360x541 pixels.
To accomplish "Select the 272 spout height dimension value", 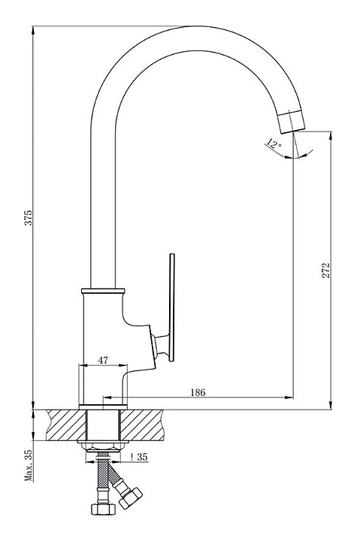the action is point(326,270).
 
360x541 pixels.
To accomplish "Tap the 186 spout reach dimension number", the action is point(198,392).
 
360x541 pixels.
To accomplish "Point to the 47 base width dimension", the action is point(103,360).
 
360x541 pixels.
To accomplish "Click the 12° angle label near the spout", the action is point(274,144).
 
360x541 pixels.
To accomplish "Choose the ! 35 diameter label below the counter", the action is point(139,457).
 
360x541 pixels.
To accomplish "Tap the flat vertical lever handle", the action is point(172,308).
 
